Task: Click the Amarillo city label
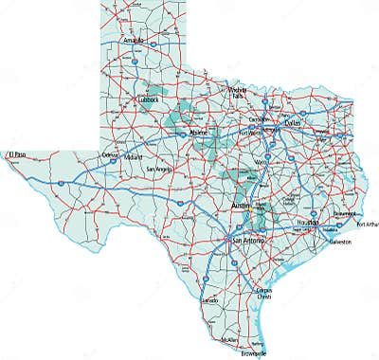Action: click(x=133, y=42)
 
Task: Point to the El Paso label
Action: click(x=16, y=153)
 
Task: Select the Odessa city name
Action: click(x=111, y=154)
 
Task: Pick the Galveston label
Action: click(x=339, y=242)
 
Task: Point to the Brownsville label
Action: click(x=253, y=353)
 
